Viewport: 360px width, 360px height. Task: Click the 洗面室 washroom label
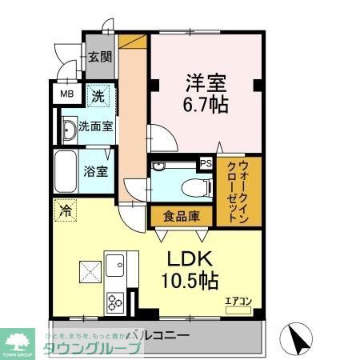pyautogui.click(x=94, y=126)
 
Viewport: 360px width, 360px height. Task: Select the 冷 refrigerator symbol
pyautogui.click(x=63, y=212)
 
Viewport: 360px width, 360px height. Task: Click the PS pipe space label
pyautogui.click(x=206, y=164)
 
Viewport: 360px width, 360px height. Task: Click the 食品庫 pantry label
pyautogui.click(x=180, y=215)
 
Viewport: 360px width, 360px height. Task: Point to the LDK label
pyautogui.click(x=191, y=260)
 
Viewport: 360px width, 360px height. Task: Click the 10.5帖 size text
pyautogui.click(x=192, y=282)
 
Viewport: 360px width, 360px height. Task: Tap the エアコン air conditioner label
pyautogui.click(x=238, y=302)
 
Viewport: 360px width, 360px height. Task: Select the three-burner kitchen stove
pyautogui.click(x=114, y=302)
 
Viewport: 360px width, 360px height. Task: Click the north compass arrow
pyautogui.click(x=299, y=338)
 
